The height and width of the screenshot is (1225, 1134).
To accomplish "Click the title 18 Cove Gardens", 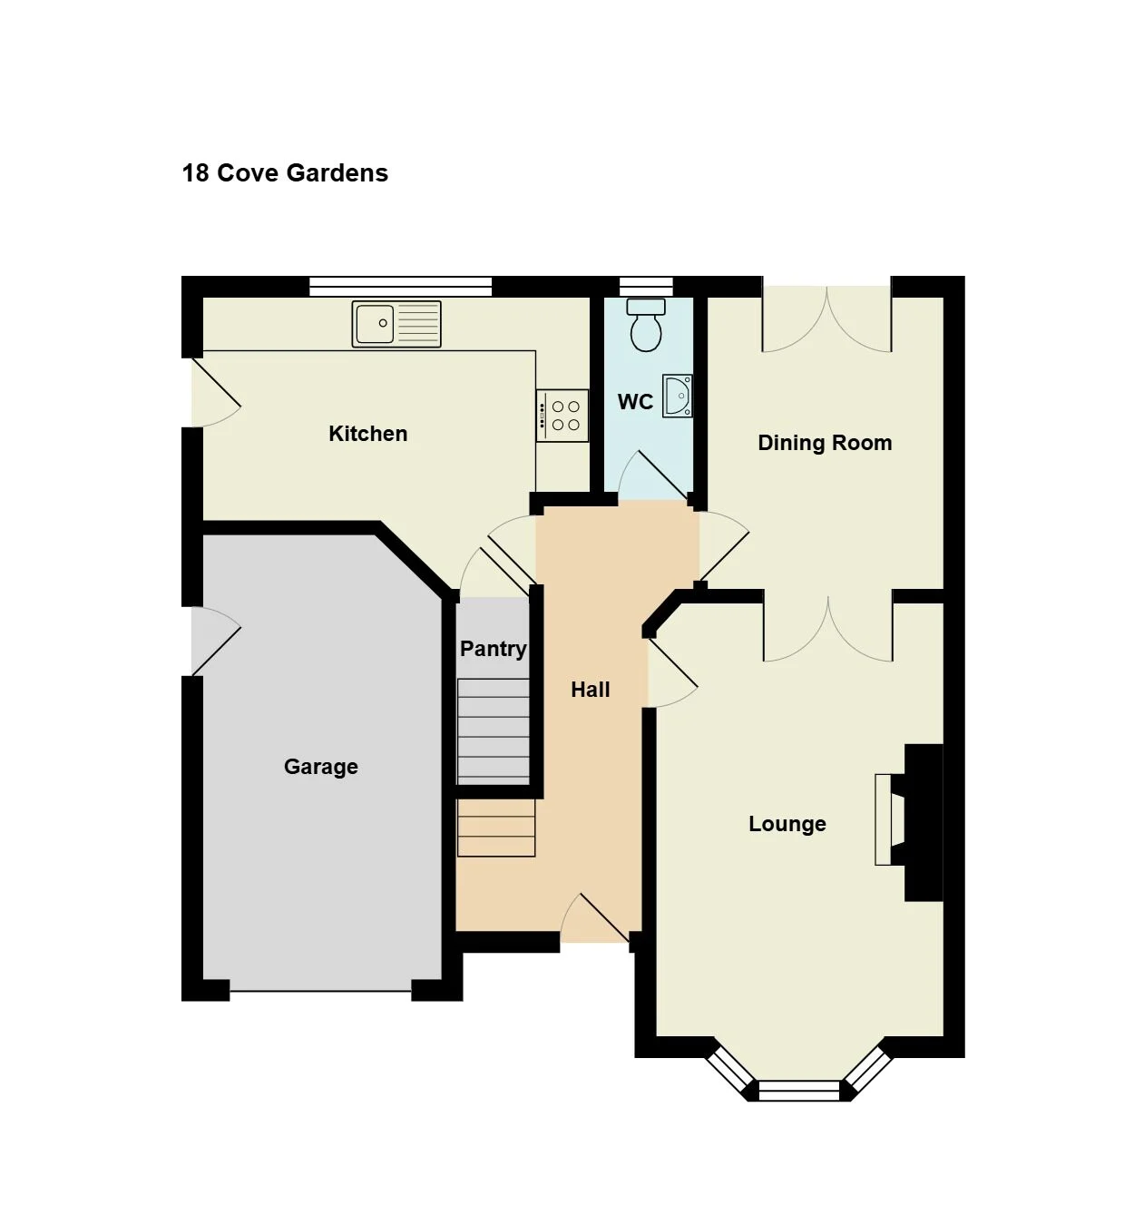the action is click(285, 172).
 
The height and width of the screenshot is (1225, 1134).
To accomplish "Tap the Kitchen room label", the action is click(367, 434).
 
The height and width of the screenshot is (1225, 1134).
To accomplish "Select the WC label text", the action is click(635, 402).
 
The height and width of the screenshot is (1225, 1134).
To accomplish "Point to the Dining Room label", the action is click(825, 443).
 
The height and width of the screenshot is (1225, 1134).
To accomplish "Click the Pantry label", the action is click(494, 649).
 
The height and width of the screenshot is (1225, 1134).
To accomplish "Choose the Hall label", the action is click(591, 690).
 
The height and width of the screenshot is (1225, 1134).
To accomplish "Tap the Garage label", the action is click(321, 767).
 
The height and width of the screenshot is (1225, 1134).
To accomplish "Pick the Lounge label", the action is click(787, 824).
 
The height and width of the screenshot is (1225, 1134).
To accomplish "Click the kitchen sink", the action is click(396, 324).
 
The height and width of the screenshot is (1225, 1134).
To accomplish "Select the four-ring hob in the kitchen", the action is click(562, 415).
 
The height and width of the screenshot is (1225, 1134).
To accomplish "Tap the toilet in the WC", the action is click(646, 325).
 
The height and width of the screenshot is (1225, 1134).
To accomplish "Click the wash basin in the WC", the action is click(678, 396).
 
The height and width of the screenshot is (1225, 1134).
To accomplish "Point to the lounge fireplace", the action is click(909, 822).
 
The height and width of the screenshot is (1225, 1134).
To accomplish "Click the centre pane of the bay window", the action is click(799, 1091).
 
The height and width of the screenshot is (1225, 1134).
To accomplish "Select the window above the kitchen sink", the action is click(400, 287).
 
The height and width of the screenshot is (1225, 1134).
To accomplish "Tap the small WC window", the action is click(646, 287).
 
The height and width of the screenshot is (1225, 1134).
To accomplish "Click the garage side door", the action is click(215, 642).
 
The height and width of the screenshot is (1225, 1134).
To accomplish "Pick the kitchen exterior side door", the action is click(215, 392).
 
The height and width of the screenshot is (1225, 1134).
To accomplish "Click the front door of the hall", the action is click(594, 917).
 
